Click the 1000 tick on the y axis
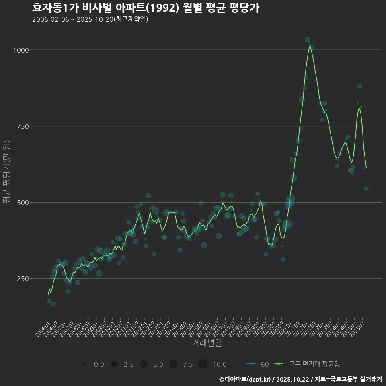(21, 50)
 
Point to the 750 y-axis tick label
(23, 126)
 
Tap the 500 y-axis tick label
(23, 202)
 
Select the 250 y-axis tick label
(23, 279)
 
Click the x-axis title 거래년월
(207, 343)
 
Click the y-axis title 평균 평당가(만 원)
(6, 173)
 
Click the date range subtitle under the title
(90, 19)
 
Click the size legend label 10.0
(219, 364)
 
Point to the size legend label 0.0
(99, 364)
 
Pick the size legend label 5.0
(158, 364)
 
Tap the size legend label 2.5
(129, 364)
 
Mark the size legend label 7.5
(188, 364)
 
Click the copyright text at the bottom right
(301, 379)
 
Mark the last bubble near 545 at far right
(366, 189)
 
